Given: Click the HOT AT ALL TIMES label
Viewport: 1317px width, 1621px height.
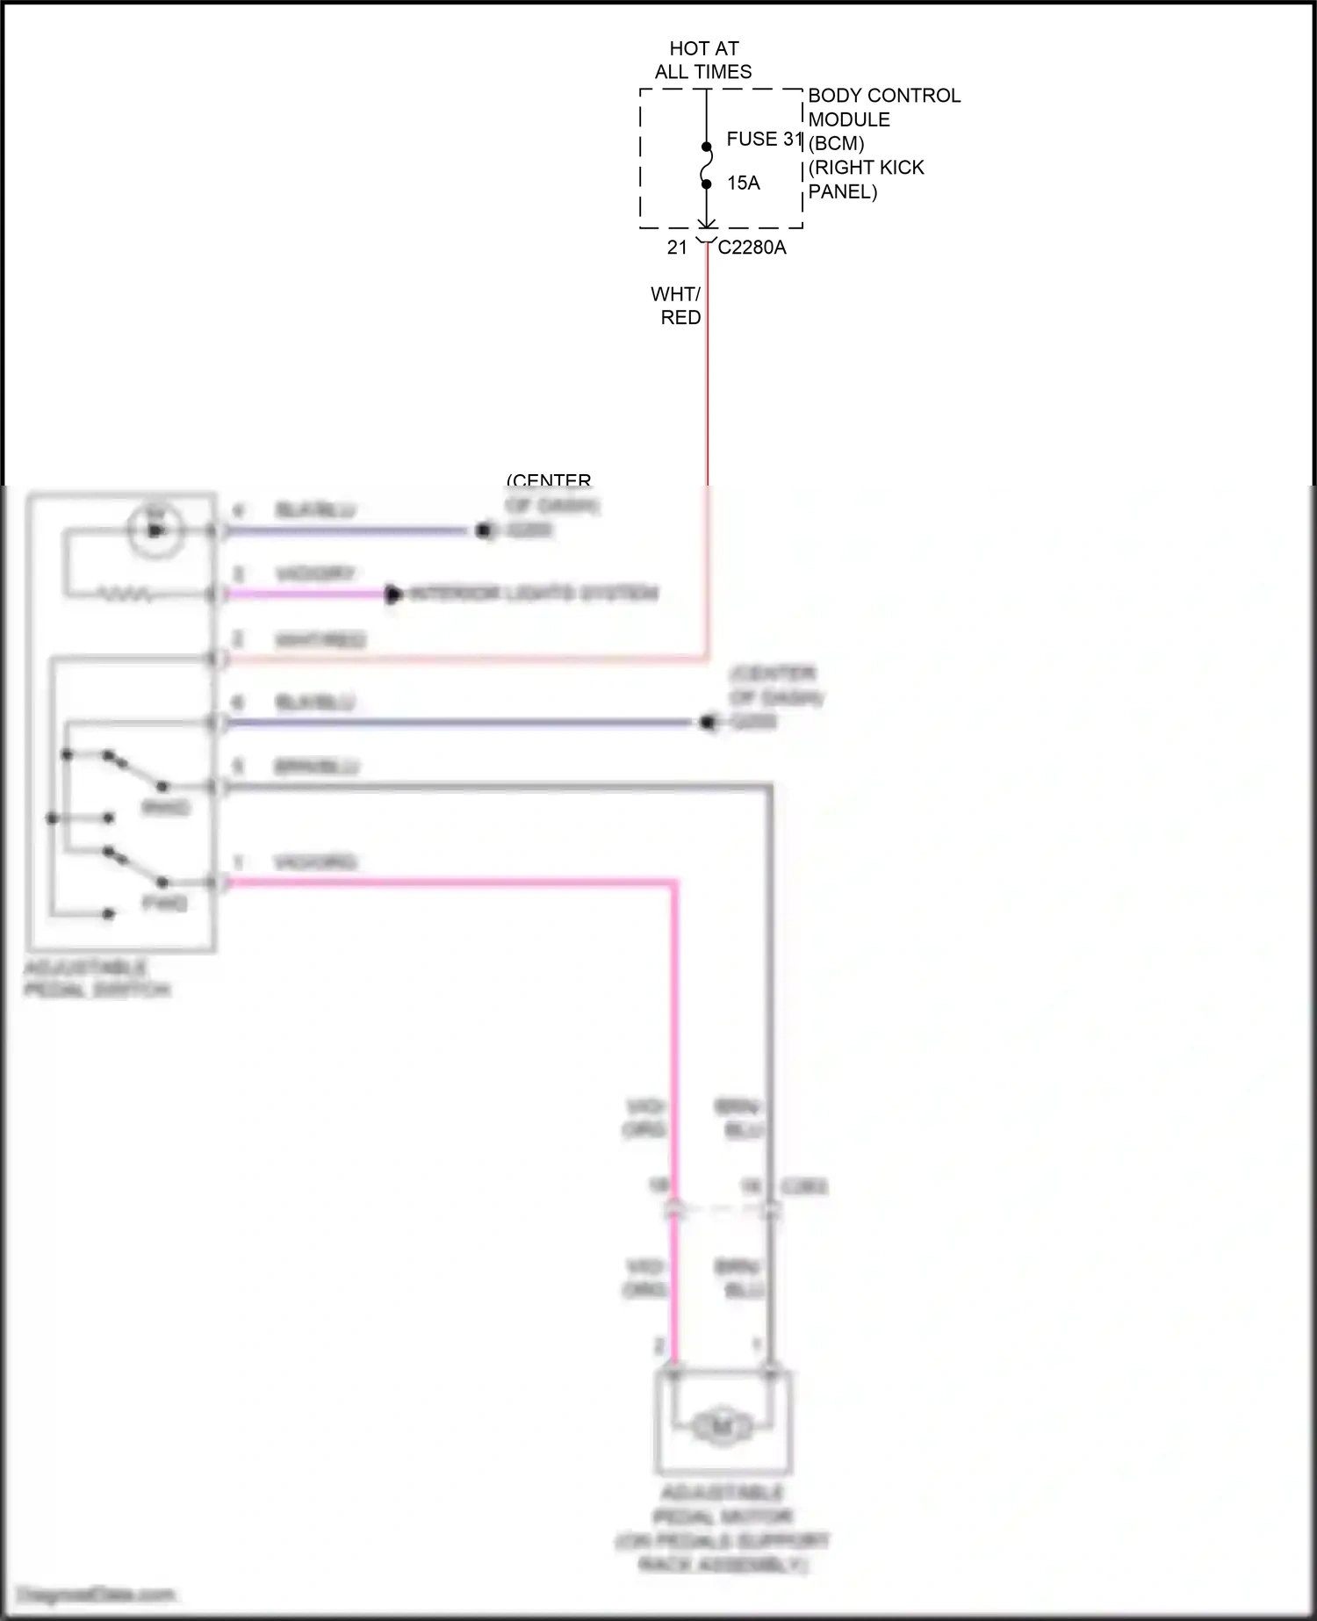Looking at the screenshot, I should click(703, 60).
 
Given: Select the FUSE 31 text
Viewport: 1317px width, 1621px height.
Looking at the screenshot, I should click(764, 139).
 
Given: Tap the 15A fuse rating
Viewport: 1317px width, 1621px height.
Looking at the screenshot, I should click(743, 183).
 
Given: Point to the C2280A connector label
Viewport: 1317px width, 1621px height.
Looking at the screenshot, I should click(752, 248).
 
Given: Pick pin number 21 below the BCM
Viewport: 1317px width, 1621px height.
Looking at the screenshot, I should click(677, 248).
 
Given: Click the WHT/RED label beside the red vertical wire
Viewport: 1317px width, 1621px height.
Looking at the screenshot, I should click(677, 305).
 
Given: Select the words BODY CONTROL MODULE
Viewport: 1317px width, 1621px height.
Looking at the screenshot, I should click(883, 107).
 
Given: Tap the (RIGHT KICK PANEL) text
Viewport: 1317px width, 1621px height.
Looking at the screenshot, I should click(866, 179).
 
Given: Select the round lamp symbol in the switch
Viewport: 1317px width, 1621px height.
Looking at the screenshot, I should click(155, 530).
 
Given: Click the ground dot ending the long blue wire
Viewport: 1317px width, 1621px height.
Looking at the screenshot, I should click(708, 723).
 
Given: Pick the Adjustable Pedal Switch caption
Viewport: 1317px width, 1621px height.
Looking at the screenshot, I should click(97, 978).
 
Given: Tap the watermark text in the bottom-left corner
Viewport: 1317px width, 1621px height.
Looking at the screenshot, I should click(97, 1595).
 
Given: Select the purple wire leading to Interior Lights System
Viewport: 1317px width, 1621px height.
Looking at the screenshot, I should click(307, 594).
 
